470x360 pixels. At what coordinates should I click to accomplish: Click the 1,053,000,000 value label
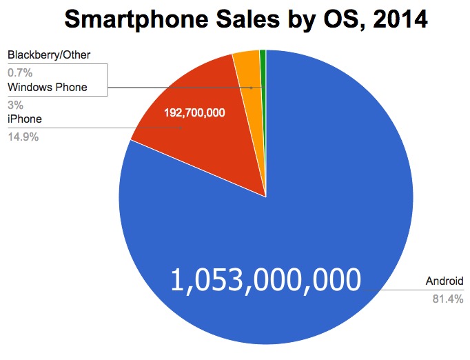point(265,280)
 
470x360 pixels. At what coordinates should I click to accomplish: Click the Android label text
point(445,281)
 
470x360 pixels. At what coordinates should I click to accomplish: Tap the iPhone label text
point(24,119)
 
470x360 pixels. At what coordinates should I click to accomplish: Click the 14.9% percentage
point(23,137)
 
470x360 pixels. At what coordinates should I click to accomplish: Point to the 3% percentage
point(15,105)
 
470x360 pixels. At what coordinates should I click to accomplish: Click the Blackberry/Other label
point(49,54)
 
